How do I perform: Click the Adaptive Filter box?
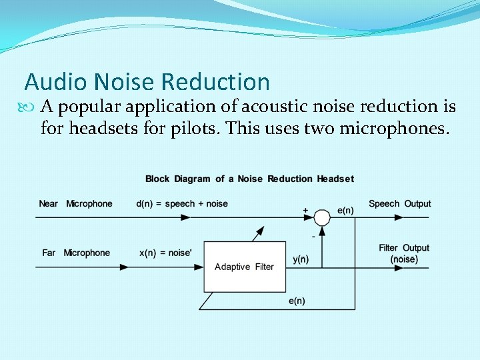[x=244, y=267]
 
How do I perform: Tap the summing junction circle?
[x=322, y=217]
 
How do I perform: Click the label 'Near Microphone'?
[x=75, y=203]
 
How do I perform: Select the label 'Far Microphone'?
[x=75, y=253]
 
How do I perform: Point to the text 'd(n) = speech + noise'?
[x=182, y=203]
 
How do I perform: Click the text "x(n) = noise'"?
[x=167, y=253]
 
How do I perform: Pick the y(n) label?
[x=301, y=259]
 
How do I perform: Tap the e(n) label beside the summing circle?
[x=345, y=210]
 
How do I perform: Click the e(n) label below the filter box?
[x=297, y=301]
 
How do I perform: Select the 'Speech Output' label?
[x=399, y=203]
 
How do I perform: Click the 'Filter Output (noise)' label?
[x=404, y=253]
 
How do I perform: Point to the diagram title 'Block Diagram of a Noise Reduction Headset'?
[x=249, y=179]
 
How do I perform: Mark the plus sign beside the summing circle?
[x=305, y=211]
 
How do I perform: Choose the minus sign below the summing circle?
[x=313, y=237]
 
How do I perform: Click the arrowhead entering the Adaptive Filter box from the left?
[x=199, y=267]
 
